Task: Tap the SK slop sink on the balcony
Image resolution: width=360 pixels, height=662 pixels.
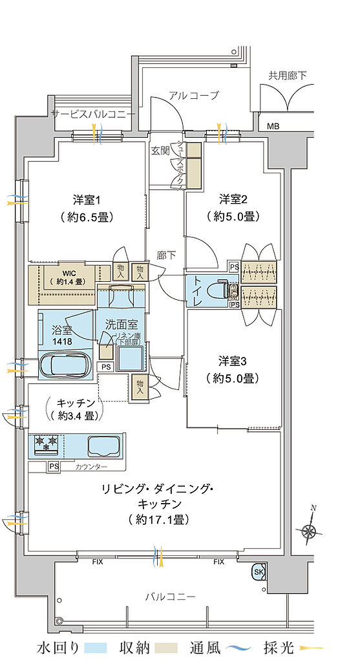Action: pyautogui.click(x=259, y=572)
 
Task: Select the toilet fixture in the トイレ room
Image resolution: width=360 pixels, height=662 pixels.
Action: pyautogui.click(x=222, y=290)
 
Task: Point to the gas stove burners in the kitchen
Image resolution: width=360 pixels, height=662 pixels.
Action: pyautogui.click(x=47, y=443)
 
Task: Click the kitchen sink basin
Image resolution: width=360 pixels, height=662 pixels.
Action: pyautogui.click(x=103, y=445)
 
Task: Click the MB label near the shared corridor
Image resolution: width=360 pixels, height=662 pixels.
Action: pyautogui.click(x=274, y=126)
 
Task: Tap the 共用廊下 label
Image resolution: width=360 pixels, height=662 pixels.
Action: pyautogui.click(x=288, y=76)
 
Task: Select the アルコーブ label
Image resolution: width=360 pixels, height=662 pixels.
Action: pyautogui.click(x=194, y=96)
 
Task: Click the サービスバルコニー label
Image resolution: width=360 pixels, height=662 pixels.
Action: pyautogui.click(x=94, y=114)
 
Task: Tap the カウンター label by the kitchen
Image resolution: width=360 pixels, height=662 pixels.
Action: pyautogui.click(x=91, y=467)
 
